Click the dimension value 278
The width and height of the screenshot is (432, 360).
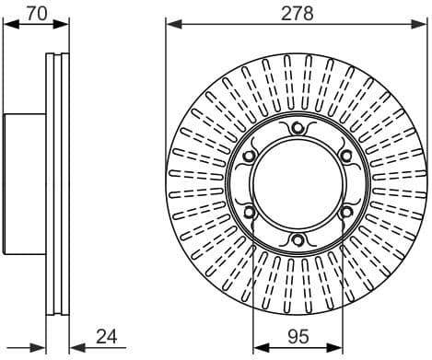[x=297, y=13]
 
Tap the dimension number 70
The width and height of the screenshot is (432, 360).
[x=36, y=13]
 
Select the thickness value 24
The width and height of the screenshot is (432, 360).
[x=107, y=337]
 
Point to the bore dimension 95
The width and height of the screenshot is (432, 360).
[x=297, y=337]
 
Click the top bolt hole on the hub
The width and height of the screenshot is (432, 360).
[x=297, y=129]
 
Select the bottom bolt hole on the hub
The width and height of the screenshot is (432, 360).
[x=297, y=241]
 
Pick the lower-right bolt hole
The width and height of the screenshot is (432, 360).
[x=345, y=214]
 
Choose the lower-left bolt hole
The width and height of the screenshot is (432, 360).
[x=248, y=214]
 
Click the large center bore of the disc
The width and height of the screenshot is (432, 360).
[x=297, y=185]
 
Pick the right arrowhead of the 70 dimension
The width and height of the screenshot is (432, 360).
[x=64, y=26]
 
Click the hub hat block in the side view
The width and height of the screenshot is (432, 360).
[x=25, y=184]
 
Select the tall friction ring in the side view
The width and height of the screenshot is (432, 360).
[x=57, y=184]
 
